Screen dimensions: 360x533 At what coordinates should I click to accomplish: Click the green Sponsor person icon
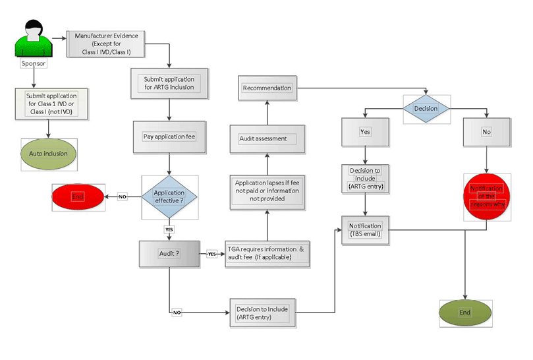tap(34, 41)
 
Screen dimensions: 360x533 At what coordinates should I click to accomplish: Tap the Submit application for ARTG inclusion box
tap(170, 84)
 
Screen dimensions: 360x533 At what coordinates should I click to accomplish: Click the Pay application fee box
tap(170, 137)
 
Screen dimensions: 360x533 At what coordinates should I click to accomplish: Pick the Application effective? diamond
tap(169, 196)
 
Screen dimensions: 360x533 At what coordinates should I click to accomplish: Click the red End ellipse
tap(78, 196)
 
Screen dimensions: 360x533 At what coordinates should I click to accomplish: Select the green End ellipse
tap(465, 312)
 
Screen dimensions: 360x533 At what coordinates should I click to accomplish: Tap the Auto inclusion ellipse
tap(49, 154)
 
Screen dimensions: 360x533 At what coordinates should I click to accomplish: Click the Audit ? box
tap(169, 253)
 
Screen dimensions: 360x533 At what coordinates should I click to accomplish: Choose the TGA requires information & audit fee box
tap(266, 254)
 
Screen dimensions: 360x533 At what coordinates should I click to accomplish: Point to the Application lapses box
tap(267, 190)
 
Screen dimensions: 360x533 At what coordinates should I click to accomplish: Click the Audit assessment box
tap(267, 138)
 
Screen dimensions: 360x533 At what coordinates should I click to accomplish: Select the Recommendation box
tap(267, 88)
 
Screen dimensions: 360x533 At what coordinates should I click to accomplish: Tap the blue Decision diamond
tap(426, 108)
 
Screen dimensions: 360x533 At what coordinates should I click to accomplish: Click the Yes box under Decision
tap(365, 132)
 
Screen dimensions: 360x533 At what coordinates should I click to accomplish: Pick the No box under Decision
tap(486, 132)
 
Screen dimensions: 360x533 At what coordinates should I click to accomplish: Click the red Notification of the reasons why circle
tap(487, 196)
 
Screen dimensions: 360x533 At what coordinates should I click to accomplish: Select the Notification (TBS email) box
tap(365, 230)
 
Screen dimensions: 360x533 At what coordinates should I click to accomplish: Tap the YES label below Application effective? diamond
tap(169, 229)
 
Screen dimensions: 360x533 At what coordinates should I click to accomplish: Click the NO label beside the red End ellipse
tap(123, 196)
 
